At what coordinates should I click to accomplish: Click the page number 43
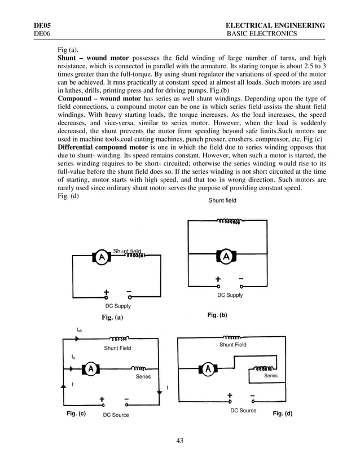coord(180,441)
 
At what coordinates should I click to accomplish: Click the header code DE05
coord(42,26)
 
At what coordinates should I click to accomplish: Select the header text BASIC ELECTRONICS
coord(261,34)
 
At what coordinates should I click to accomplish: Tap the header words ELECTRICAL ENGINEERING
coord(275,26)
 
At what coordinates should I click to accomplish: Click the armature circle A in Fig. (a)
coord(101,258)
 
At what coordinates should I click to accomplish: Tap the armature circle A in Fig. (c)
coord(91,369)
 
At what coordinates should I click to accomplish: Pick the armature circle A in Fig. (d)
coord(209,369)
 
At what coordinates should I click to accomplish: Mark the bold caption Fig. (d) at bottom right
coord(283,414)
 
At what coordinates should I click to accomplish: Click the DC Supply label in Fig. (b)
coord(230,295)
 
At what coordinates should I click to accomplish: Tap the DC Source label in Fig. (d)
coord(243,411)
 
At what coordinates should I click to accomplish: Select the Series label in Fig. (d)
coord(271,376)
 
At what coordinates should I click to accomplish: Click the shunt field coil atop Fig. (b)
coord(228,221)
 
